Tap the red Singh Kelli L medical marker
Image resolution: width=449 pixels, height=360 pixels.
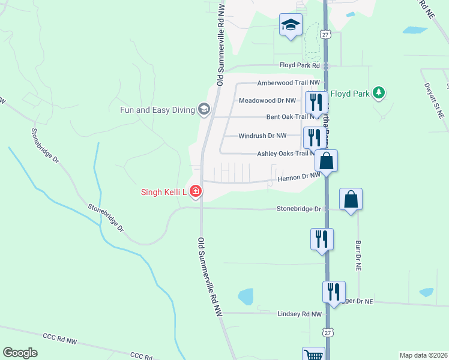coord(195,192)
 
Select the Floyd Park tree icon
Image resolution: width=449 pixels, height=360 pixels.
coord(378,92)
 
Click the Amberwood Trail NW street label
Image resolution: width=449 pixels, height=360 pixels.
coord(289,83)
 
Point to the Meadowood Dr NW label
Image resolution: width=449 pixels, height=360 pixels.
coord(267,101)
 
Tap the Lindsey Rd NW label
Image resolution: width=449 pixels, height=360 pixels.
coord(300,314)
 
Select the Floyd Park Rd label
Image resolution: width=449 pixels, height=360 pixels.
coord(301,65)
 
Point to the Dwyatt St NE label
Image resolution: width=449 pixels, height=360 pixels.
coord(432,101)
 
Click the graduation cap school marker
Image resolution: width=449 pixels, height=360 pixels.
coord(291,25)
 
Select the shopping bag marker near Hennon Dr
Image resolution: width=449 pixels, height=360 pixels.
coord(326,161)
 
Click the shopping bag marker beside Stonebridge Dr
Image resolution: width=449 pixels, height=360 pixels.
coord(351,199)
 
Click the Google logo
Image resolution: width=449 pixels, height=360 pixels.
coord(20,353)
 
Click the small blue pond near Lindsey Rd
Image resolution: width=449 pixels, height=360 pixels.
coord(246,296)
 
